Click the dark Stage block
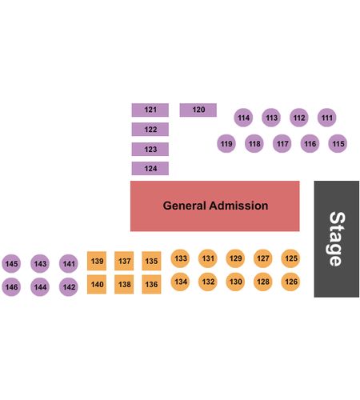[x=337, y=239]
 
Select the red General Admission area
[x=215, y=206]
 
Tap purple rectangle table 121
[x=150, y=110]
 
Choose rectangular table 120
[x=198, y=110]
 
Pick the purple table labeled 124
[x=150, y=169]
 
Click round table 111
[x=327, y=118]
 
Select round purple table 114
[x=243, y=118]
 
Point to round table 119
[x=226, y=144]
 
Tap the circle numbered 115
[x=338, y=144]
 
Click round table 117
[x=282, y=144]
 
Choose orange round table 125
[x=290, y=258]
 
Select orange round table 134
[x=180, y=282]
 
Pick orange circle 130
[x=235, y=282]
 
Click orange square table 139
[x=97, y=261]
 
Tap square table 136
[x=151, y=284]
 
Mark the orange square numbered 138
[x=124, y=284]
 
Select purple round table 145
[x=11, y=264]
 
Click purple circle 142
[x=69, y=287]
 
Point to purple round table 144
[x=40, y=287]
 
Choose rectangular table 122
[x=150, y=130]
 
